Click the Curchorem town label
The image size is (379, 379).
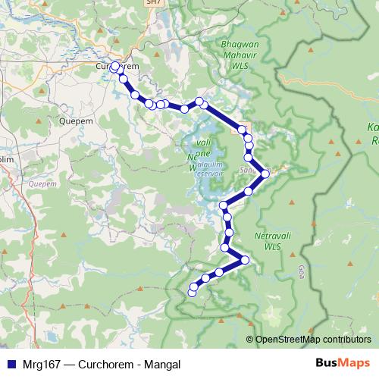(x=114, y=67)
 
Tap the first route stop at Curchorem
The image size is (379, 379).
(x=115, y=67)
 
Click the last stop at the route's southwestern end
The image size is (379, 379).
(x=192, y=291)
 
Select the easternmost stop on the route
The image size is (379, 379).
(x=265, y=174)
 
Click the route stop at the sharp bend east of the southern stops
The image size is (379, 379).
(x=244, y=260)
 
